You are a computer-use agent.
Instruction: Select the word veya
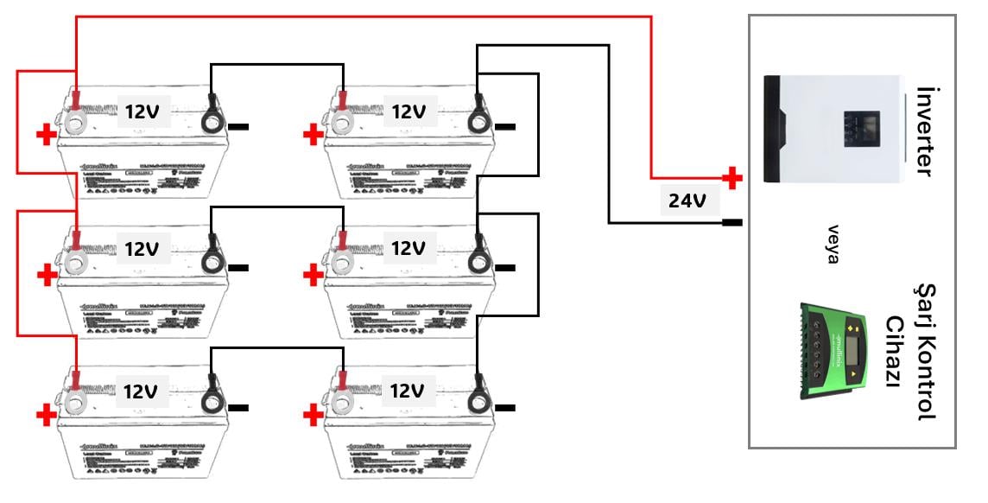coord(833,245)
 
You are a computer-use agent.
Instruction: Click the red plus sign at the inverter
coord(731,179)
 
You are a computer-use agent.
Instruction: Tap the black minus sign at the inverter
coord(731,223)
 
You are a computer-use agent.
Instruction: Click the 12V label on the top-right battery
coord(408,111)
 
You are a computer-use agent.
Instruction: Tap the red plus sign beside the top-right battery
coord(312,135)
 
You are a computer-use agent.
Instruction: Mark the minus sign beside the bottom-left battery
coord(239,408)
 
